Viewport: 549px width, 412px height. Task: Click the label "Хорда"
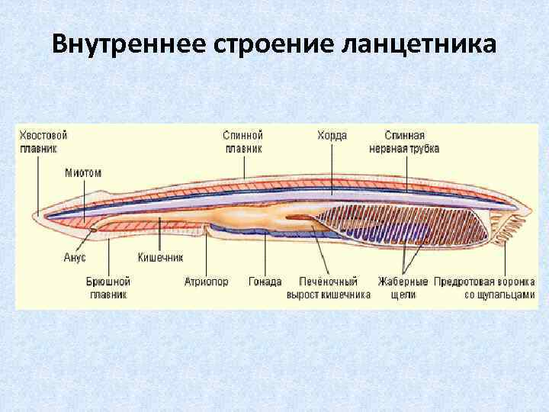click(332, 135)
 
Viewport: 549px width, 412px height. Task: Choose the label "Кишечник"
click(160, 258)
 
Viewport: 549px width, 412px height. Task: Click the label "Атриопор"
click(206, 281)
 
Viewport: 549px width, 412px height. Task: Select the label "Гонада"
click(265, 281)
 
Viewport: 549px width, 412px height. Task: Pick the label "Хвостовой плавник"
click(43, 141)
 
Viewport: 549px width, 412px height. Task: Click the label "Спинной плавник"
click(243, 141)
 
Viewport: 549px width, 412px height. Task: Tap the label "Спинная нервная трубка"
click(404, 141)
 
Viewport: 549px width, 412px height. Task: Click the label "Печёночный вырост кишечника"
click(329, 287)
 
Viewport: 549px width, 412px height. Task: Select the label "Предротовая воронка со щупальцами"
click(484, 287)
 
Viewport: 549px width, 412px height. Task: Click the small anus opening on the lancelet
click(92, 229)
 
